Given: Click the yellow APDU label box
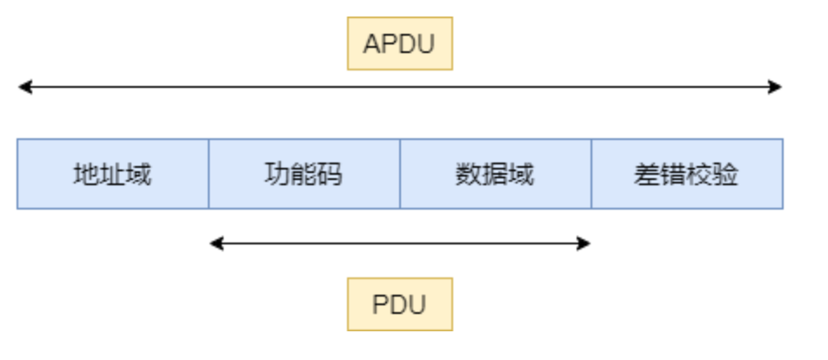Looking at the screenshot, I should tap(399, 43).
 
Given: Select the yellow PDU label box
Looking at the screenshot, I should tap(399, 304).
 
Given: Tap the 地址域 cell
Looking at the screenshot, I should tap(112, 174).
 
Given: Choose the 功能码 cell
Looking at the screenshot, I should tap(304, 174).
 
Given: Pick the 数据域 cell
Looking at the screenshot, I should tap(495, 174).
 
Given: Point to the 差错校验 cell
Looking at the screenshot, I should tap(686, 174).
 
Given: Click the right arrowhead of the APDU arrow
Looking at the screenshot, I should tap(777, 87).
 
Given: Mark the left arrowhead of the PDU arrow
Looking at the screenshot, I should tap(215, 243).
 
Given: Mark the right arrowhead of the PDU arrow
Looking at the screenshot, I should tap(584, 243).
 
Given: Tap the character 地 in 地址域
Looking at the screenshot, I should tap(86, 175).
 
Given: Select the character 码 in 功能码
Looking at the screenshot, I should tap(330, 175).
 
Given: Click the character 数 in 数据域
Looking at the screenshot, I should tap(469, 175).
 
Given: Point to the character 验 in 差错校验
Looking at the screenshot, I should tap(726, 175).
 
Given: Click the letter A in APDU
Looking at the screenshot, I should tap(371, 44).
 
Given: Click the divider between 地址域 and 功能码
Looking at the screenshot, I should tap(209, 174).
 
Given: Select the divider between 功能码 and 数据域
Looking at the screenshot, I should tap(400, 174).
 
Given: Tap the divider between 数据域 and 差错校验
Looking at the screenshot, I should tap(591, 174).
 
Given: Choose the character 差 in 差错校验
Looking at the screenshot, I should tap(647, 175).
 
